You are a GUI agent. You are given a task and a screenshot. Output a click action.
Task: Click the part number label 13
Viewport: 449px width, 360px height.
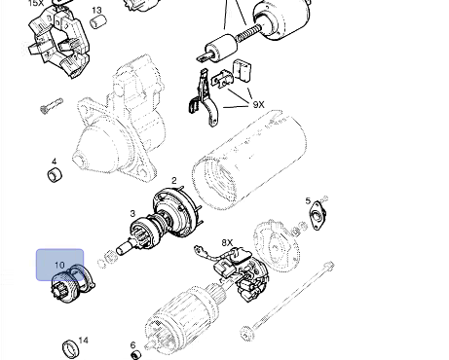pyautogui.click(x=96, y=11)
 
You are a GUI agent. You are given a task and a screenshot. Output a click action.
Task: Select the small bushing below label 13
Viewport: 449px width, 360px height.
pyautogui.click(x=98, y=21)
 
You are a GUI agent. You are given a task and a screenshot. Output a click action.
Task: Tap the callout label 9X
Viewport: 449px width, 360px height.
pyautogui.click(x=258, y=105)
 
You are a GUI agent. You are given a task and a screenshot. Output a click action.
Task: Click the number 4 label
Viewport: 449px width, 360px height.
pyautogui.click(x=54, y=162)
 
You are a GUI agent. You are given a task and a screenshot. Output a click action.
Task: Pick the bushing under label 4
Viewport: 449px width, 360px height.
pyautogui.click(x=55, y=175)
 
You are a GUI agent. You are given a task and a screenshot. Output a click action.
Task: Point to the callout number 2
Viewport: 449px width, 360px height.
pyautogui.click(x=174, y=181)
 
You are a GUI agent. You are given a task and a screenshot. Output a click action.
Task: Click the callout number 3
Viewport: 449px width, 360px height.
pyautogui.click(x=132, y=213)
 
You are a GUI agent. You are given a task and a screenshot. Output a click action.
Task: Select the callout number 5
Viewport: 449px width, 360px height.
pyautogui.click(x=308, y=201)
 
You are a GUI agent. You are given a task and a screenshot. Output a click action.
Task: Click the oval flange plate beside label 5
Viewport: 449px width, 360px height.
pyautogui.click(x=318, y=215)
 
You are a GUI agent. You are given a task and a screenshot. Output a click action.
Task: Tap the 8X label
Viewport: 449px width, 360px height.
pyautogui.click(x=227, y=242)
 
